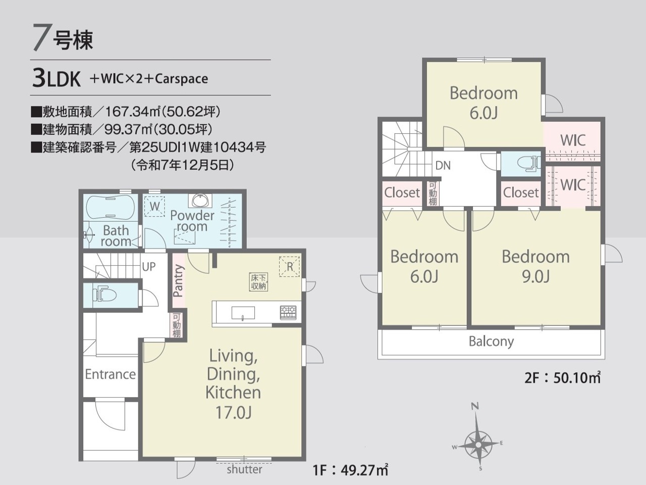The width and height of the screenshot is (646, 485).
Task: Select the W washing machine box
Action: point(154,206)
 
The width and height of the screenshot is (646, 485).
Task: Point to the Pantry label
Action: point(179,280)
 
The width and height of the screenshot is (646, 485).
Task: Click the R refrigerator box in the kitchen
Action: point(289,267)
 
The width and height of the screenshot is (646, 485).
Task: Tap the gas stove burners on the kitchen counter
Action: point(288,312)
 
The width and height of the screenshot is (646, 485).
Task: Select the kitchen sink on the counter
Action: point(243,313)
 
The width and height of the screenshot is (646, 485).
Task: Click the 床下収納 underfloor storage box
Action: point(259,281)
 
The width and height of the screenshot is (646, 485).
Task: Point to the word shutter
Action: point(244,469)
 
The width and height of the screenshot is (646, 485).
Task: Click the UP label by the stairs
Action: point(148,267)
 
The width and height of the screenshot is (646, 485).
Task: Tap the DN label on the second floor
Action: point(443,166)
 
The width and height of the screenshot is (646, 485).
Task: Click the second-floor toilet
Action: point(528,163)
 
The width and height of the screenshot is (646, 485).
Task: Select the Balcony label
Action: point(491,342)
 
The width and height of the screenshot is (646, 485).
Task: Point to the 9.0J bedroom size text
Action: point(535,276)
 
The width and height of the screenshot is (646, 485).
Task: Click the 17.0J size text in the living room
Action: point(233,412)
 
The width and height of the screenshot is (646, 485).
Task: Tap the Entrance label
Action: point(111,374)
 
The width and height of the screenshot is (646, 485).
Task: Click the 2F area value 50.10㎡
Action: point(577,377)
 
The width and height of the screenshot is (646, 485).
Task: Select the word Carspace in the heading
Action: point(181,79)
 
